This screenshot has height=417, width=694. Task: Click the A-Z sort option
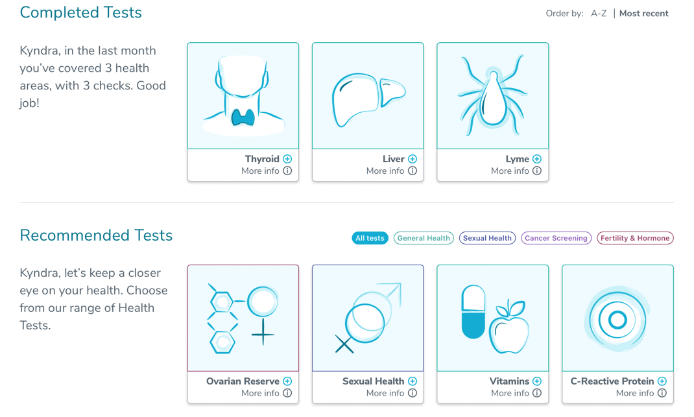point(599,14)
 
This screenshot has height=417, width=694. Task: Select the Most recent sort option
point(643,14)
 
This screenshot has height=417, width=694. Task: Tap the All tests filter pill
point(370,238)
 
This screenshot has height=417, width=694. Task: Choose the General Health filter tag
point(424,238)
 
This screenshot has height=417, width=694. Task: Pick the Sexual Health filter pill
point(487,238)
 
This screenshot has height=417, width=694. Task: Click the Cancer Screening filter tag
point(556,238)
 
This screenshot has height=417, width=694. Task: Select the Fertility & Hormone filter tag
point(635,238)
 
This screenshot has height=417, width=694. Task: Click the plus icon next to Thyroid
point(288,159)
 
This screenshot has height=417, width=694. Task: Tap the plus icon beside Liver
point(413,159)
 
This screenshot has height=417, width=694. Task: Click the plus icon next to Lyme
point(537,159)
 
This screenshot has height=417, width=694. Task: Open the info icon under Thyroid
point(288,171)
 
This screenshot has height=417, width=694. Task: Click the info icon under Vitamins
point(537,393)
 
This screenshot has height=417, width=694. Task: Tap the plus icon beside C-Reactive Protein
point(662,381)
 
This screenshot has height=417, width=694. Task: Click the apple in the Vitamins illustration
point(509,328)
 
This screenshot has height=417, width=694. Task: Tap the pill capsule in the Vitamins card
point(473,312)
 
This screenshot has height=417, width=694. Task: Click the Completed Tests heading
point(80,12)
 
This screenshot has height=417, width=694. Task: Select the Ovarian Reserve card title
point(243,381)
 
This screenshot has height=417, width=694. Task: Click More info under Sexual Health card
point(385,393)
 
